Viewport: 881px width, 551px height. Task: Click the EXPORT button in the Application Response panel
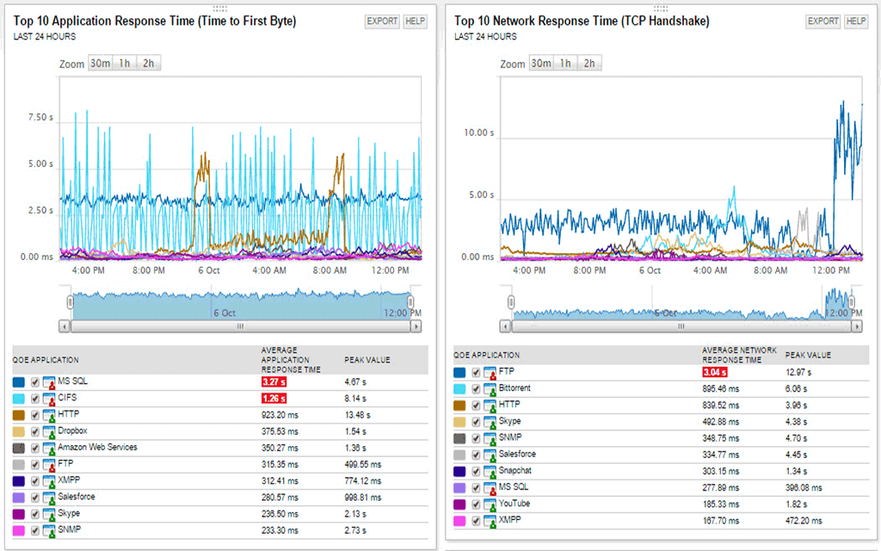(382, 21)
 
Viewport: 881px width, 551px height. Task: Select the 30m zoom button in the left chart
(100, 63)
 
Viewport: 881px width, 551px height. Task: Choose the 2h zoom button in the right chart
(589, 63)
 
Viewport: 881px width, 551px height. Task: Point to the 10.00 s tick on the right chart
(478, 133)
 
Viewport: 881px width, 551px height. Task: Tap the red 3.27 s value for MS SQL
(274, 381)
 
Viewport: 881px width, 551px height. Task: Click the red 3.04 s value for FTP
(715, 372)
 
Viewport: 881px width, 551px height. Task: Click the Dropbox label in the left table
(72, 430)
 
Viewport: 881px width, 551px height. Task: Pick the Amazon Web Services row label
(97, 447)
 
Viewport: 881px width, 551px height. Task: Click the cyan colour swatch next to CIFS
(19, 398)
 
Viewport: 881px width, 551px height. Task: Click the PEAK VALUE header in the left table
(367, 360)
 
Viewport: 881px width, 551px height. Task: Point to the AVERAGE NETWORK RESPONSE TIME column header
(739, 355)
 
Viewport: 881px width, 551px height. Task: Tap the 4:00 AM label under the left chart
(269, 269)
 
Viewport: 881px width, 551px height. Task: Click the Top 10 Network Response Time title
(582, 21)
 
